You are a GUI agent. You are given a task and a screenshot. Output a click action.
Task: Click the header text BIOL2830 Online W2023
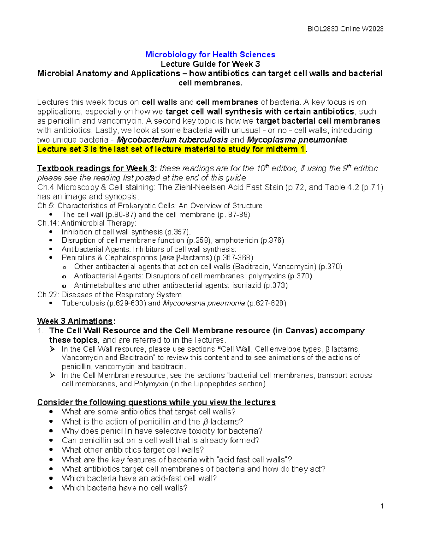coord(345,29)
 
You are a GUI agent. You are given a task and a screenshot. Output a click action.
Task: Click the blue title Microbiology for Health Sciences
coord(210,55)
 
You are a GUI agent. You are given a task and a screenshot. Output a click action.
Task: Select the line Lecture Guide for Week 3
coord(210,64)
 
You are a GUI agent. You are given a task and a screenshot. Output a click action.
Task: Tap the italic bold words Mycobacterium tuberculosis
coord(172,140)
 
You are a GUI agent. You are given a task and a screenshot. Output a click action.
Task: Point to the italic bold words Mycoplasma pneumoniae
coord(297,140)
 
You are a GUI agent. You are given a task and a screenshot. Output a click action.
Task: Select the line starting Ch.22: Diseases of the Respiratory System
coord(109,295)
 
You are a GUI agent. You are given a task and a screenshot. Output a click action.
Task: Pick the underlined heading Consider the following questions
coord(156,402)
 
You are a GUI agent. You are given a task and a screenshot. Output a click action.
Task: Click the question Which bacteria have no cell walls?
coord(125,488)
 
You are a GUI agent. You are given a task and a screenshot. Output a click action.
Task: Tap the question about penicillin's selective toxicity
coord(162,431)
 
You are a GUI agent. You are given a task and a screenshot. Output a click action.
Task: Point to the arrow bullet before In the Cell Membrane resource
coord(53,376)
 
